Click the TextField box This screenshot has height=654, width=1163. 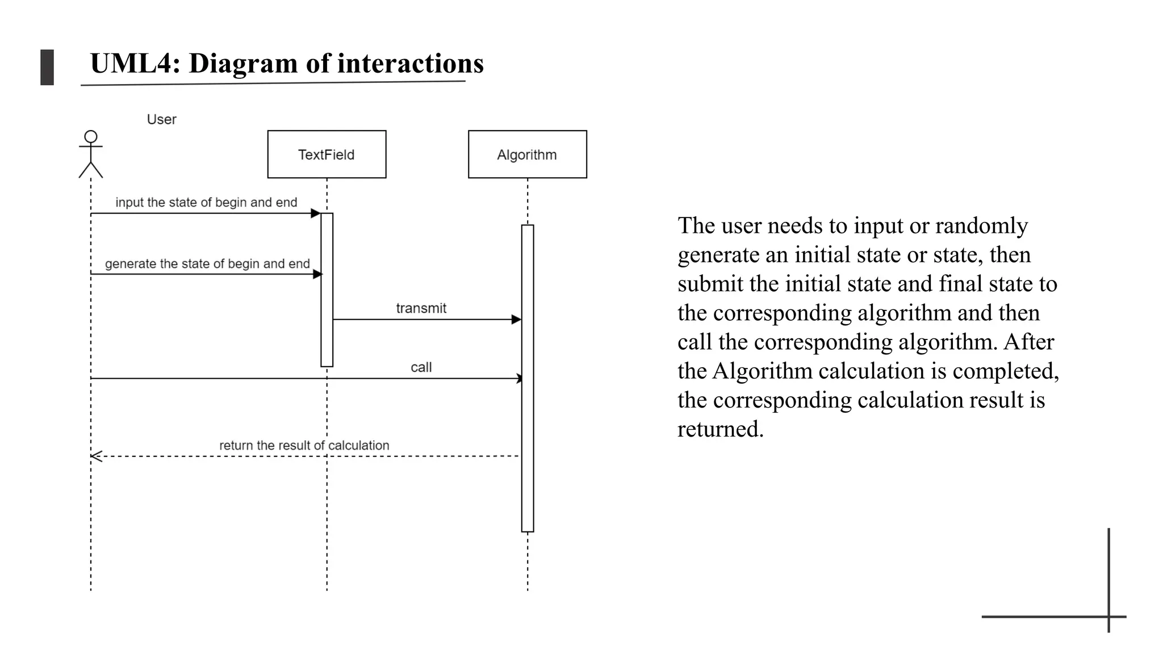point(327,154)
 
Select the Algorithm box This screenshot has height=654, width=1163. point(527,154)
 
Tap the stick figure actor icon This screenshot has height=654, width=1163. point(91,154)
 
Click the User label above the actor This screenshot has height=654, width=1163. point(161,120)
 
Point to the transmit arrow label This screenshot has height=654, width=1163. point(421,308)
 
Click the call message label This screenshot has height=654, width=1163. point(421,367)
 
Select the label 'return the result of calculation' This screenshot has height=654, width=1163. point(304,446)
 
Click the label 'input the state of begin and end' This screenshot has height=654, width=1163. point(206,203)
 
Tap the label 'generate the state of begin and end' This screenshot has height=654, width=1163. point(207,264)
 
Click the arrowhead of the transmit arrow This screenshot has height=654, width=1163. point(516,320)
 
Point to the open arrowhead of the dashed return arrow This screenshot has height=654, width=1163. point(96,456)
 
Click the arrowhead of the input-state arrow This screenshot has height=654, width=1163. point(316,213)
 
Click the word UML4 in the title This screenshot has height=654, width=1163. point(135,63)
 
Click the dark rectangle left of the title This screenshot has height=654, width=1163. point(47,68)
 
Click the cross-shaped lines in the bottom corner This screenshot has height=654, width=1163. point(1108,616)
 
